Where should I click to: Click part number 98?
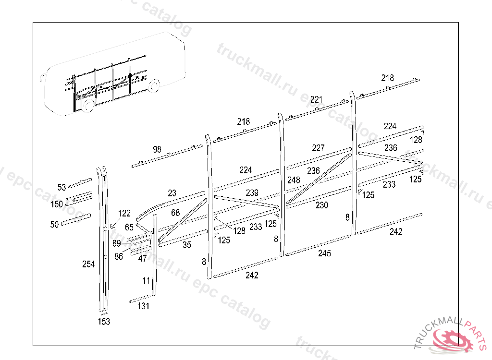(157, 149)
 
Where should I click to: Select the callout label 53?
(61, 188)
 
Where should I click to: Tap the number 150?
(57, 204)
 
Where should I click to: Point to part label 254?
(88, 264)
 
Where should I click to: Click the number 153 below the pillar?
(104, 322)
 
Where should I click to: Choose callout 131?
(143, 306)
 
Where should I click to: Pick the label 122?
(124, 213)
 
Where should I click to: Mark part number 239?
(252, 192)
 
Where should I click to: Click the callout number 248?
(294, 180)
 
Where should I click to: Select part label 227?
(318, 148)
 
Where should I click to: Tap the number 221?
(317, 99)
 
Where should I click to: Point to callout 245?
(324, 253)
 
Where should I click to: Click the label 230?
(322, 205)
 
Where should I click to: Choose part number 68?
(175, 213)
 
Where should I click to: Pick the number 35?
(187, 245)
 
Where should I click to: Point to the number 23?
(172, 193)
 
